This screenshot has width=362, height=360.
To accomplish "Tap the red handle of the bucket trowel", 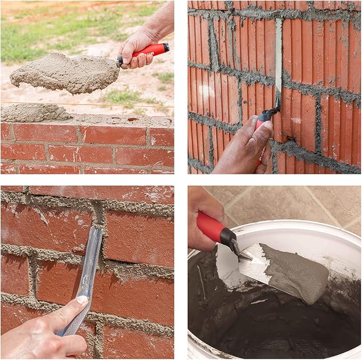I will (x=210, y=227).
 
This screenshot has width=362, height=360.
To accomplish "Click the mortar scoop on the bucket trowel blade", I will (x=296, y=272).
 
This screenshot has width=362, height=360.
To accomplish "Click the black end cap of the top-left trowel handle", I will (x=167, y=47).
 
